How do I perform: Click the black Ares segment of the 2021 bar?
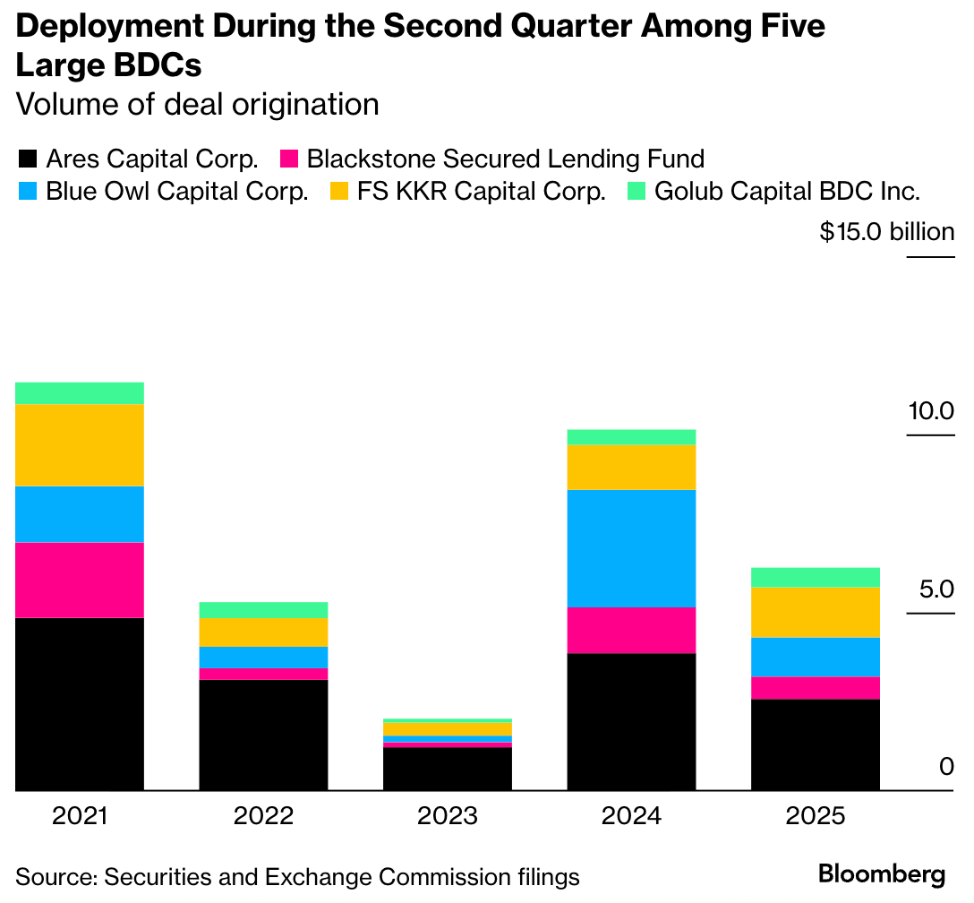click(80, 704)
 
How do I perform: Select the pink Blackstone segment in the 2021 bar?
click(80, 580)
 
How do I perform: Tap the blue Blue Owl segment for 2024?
click(632, 548)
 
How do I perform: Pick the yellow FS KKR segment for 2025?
click(816, 612)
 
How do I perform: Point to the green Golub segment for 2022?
click(263, 609)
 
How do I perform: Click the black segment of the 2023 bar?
click(448, 769)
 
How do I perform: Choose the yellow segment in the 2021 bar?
click(80, 445)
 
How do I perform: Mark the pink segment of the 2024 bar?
click(632, 630)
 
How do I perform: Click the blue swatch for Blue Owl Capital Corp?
click(29, 191)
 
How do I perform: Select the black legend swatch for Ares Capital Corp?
click(29, 159)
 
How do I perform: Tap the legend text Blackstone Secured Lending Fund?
click(505, 159)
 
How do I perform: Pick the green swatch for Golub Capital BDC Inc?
click(637, 191)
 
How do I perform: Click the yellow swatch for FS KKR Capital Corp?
click(340, 191)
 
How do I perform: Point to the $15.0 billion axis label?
click(886, 233)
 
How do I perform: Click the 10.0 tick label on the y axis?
click(931, 411)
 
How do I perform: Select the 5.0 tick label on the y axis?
click(936, 589)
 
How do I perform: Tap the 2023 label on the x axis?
click(448, 816)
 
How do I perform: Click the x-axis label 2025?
click(816, 816)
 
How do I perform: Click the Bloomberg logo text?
click(882, 874)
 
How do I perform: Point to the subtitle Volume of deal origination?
click(198, 104)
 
